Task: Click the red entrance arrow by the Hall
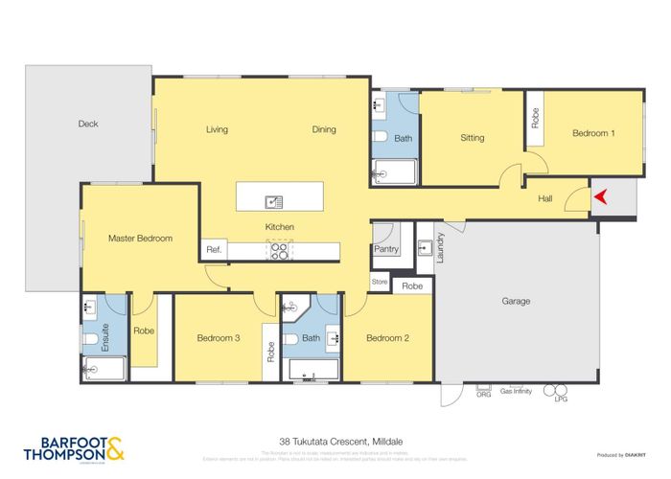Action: (601, 197)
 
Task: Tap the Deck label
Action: (88, 124)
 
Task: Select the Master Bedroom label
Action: (140, 238)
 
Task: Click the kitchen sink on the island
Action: (275, 201)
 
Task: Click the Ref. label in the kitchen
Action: (214, 250)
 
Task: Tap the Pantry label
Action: (385, 249)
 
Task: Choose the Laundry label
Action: (440, 246)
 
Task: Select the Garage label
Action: (516, 301)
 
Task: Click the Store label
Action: (380, 282)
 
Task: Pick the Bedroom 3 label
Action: (218, 338)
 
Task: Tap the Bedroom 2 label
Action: (387, 338)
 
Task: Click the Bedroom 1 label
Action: (593, 133)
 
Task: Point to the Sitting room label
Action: (473, 138)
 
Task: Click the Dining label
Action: (324, 129)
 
